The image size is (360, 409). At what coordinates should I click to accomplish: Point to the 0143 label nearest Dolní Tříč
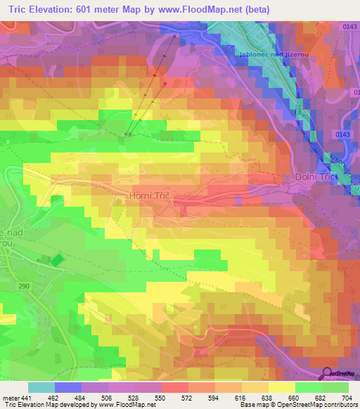[x=342, y=134]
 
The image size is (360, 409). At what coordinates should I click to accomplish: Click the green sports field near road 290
[x=57, y=260]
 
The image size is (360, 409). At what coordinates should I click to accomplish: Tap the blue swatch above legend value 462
[x=67, y=387]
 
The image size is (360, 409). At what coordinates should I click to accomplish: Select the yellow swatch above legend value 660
[x=281, y=387]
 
